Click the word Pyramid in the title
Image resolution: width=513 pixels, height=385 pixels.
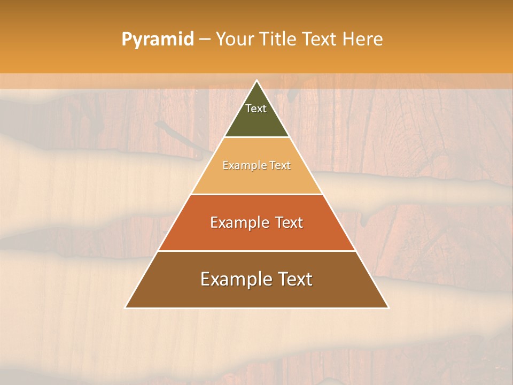pyautogui.click(x=157, y=40)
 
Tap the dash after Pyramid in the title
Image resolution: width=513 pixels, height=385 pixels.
pyautogui.click(x=204, y=40)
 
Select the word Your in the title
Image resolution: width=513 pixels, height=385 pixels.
pyautogui.click(x=234, y=40)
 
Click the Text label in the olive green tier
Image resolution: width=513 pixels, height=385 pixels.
pyautogui.click(x=256, y=109)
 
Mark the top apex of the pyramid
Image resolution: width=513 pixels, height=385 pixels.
pyautogui.click(x=256, y=81)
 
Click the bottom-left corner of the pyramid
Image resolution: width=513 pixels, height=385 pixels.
pyautogui.click(x=126, y=307)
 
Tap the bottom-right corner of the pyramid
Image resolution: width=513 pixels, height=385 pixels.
pyautogui.click(x=388, y=307)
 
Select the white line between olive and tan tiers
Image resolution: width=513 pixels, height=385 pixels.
pyautogui.click(x=256, y=137)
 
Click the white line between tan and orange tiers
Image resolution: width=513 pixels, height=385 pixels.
pyautogui.click(x=256, y=194)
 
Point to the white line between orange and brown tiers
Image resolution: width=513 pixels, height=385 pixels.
pyautogui.click(x=256, y=251)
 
